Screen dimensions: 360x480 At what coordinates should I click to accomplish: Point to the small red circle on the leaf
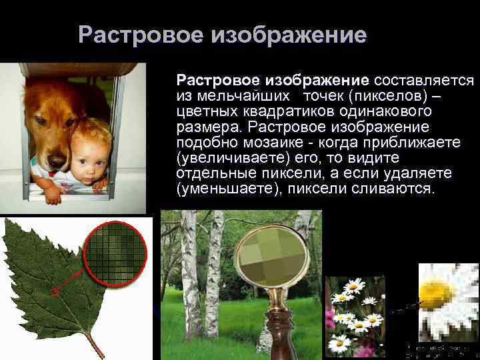56,291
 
